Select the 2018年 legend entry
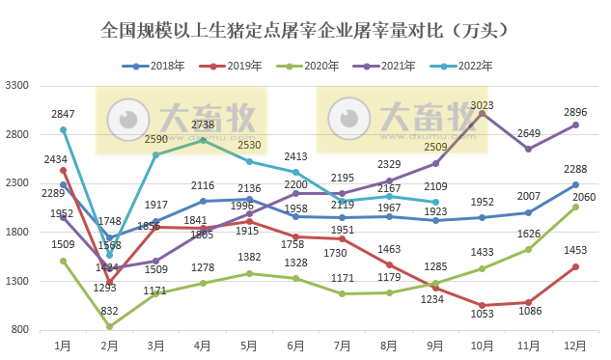[154, 66]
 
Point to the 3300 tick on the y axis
[20, 86]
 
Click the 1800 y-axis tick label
[20, 233]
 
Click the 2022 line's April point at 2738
[202, 141]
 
